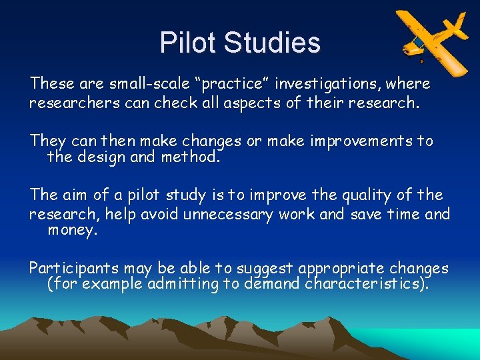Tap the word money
point(72,231)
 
